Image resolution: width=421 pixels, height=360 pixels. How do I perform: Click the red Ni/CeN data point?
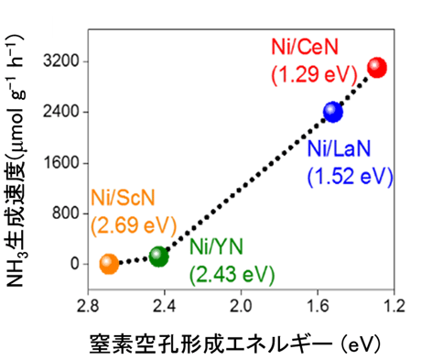(376, 67)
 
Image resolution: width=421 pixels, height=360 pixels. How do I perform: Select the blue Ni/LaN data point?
(332, 112)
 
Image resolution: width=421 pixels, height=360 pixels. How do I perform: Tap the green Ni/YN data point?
(158, 256)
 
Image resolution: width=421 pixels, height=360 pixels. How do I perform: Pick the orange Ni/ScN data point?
(109, 264)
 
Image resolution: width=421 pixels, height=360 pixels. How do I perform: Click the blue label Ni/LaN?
(342, 150)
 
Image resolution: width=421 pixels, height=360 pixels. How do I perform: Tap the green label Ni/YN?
(218, 247)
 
